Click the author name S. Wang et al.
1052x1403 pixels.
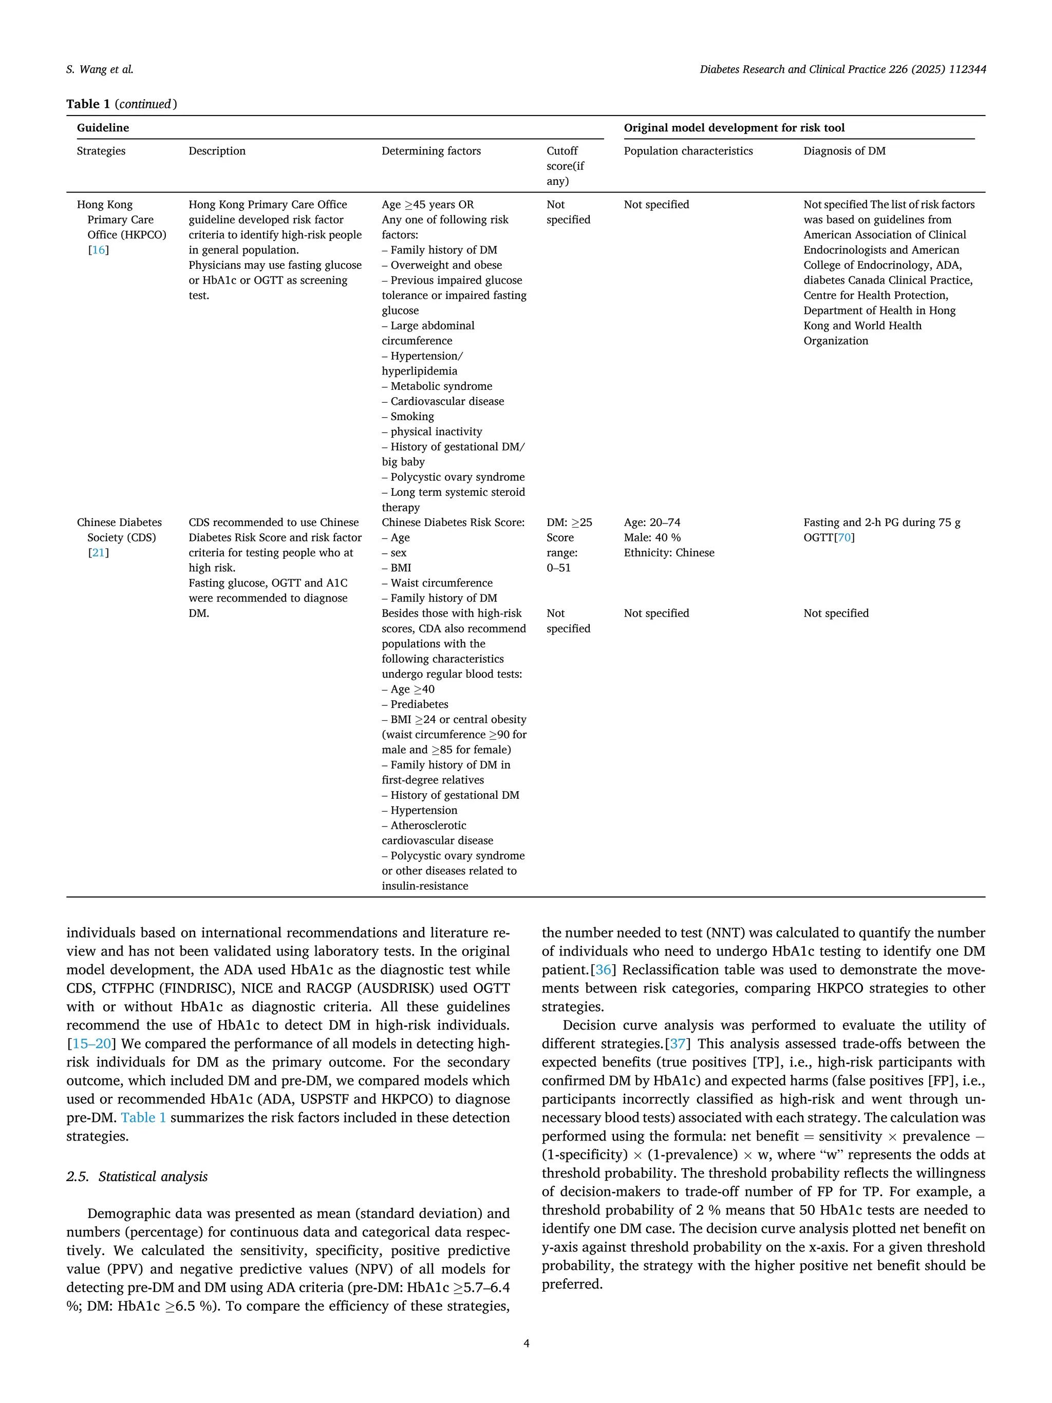[x=100, y=70]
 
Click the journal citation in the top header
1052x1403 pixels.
[x=842, y=70]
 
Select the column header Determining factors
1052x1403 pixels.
[x=430, y=151]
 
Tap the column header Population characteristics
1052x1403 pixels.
[x=688, y=151]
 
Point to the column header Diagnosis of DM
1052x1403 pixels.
[x=844, y=151]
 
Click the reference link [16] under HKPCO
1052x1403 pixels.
[x=98, y=250]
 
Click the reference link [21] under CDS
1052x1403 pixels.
[x=98, y=552]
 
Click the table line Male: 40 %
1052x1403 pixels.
[x=652, y=538]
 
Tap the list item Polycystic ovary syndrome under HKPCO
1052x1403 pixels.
[x=457, y=477]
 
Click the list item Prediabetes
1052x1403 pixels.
[x=419, y=704]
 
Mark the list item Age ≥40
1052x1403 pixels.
[x=412, y=689]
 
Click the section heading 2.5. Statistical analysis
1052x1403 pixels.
[x=137, y=1176]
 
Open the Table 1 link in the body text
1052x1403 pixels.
[x=143, y=1117]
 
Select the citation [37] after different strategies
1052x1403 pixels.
[x=677, y=1043]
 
